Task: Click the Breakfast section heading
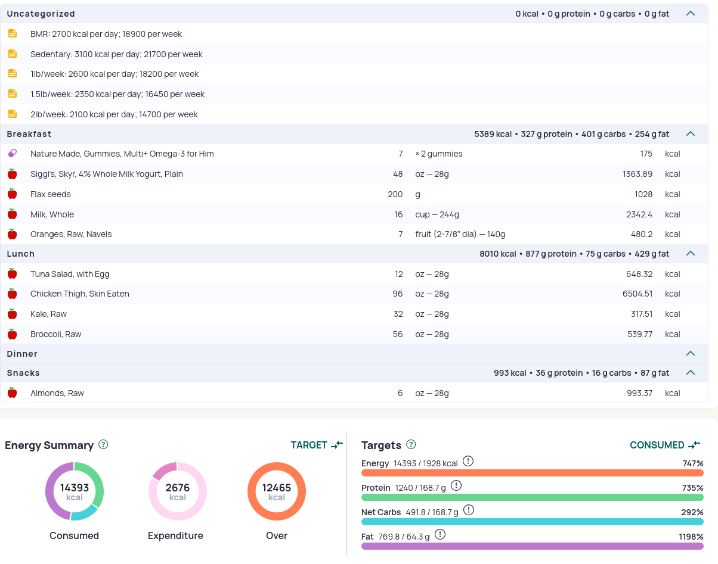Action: [29, 134]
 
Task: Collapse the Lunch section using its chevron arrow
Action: [691, 254]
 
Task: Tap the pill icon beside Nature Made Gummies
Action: [13, 153]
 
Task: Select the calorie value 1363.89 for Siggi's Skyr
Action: [637, 174]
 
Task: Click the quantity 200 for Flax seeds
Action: [395, 194]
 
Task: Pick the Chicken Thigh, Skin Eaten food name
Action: [80, 294]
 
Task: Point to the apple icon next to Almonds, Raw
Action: [13, 392]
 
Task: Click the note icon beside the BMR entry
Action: [13, 34]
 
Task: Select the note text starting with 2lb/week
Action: [114, 114]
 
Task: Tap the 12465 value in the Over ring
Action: [277, 488]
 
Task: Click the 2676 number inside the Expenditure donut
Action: [178, 488]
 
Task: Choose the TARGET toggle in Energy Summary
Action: [317, 445]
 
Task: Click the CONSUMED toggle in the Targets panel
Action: [665, 445]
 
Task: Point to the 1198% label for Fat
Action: [691, 537]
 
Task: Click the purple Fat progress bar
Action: [532, 546]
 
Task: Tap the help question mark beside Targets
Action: [411, 444]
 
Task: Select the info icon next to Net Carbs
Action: [469, 510]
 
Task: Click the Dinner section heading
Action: [22, 354]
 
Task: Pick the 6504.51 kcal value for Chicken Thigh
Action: [637, 294]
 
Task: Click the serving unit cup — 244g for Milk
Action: [437, 214]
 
